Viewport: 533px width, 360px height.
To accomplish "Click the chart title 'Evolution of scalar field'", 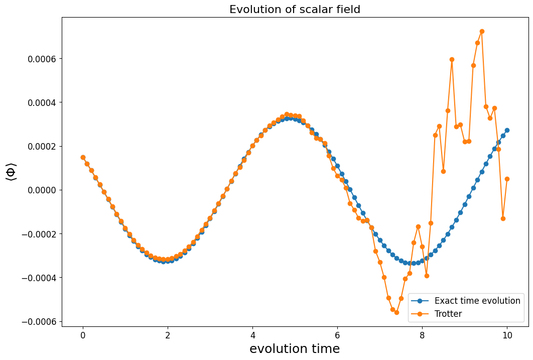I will pos(295,9).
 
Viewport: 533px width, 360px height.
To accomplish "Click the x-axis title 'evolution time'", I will pos(295,348).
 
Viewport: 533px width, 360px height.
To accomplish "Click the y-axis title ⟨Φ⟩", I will pos(11,172).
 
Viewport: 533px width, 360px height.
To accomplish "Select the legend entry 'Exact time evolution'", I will pos(477,301).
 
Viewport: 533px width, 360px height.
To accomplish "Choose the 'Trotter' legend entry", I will pos(448,314).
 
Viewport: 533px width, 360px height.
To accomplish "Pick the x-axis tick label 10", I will pos(507,335).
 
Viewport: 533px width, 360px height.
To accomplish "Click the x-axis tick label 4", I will pos(252,335).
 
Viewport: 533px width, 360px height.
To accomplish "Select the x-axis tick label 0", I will pos(83,335).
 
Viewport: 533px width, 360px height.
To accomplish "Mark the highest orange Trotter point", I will pos(482,31).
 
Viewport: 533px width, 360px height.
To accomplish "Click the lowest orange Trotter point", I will pos(396,312).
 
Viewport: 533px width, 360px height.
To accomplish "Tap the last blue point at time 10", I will pos(507,130).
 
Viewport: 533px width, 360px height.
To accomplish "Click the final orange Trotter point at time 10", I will pos(507,179).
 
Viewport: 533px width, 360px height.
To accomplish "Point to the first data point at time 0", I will pos(83,157).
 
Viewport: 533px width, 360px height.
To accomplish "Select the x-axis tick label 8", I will pos(422,335).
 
